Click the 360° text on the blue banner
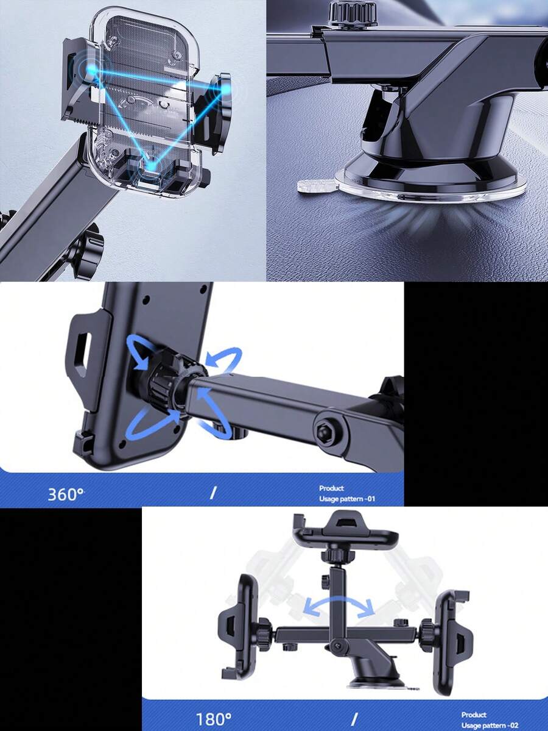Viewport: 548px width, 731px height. click(x=66, y=494)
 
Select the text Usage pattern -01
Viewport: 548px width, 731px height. click(x=347, y=499)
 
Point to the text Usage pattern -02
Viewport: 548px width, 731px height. click(x=490, y=725)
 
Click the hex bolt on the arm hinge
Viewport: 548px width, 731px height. click(x=324, y=430)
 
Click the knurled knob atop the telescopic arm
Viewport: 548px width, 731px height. click(x=353, y=13)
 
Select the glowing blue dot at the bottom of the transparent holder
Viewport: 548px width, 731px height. click(x=152, y=166)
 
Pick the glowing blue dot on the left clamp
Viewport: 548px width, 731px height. click(x=90, y=71)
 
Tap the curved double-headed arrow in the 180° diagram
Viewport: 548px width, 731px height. click(x=339, y=605)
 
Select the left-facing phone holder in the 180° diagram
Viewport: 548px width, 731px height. click(x=239, y=627)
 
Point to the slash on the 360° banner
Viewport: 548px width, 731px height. click(x=213, y=492)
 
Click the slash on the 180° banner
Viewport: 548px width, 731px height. click(x=355, y=718)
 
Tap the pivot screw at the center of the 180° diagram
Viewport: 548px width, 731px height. click(x=339, y=646)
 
